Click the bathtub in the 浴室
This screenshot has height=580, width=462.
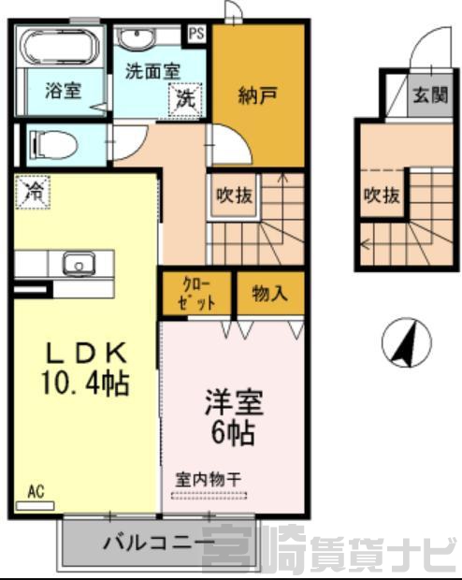click(x=60, y=47)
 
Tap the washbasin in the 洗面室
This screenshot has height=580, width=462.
click(x=137, y=38)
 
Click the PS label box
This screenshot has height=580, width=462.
click(x=196, y=34)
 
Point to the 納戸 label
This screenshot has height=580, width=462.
click(x=257, y=95)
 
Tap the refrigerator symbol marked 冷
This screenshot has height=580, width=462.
click(x=33, y=193)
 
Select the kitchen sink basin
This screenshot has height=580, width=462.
click(x=79, y=264)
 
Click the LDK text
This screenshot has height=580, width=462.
click(x=86, y=354)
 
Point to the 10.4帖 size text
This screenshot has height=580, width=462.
click(x=85, y=383)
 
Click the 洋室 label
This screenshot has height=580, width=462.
click(x=234, y=402)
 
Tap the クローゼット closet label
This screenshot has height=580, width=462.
click(x=196, y=294)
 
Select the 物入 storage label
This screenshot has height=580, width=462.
click(x=270, y=294)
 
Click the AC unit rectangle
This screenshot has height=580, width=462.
click(x=36, y=506)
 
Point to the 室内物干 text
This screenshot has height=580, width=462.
click(x=208, y=480)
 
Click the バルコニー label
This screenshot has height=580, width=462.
click(x=159, y=543)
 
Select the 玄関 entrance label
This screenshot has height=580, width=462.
click(x=430, y=95)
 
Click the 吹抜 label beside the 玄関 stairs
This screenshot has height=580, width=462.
click(x=383, y=195)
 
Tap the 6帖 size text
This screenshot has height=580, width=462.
click(x=233, y=432)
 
